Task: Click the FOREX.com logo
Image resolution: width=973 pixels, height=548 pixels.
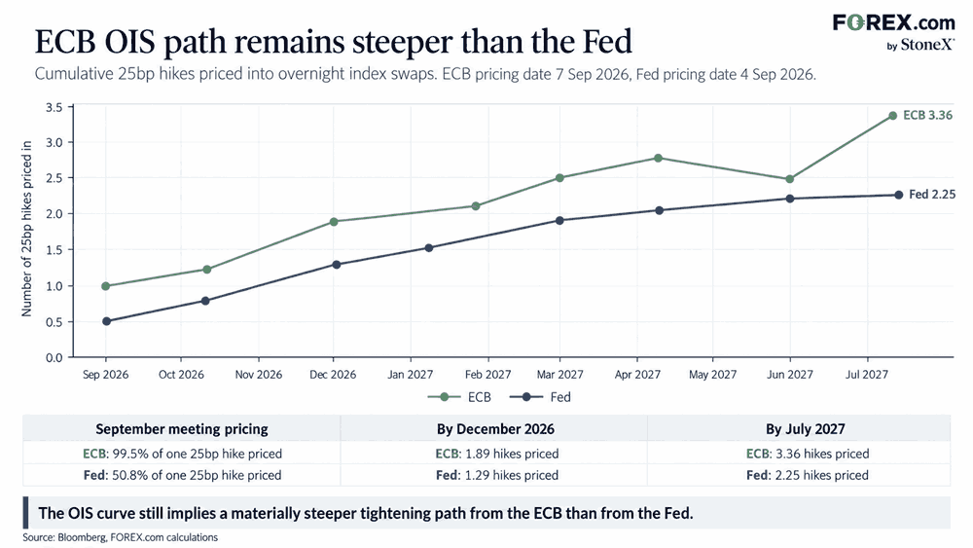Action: pyautogui.click(x=893, y=32)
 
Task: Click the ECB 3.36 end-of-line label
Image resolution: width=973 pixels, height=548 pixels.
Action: pyautogui.click(x=927, y=116)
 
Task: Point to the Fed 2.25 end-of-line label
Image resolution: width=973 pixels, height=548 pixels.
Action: pyautogui.click(x=932, y=195)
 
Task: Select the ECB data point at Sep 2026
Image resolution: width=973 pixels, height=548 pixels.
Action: pyautogui.click(x=105, y=286)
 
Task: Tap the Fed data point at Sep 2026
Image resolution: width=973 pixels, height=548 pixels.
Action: pyautogui.click(x=106, y=321)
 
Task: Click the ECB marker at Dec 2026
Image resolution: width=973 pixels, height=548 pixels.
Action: pyautogui.click(x=333, y=222)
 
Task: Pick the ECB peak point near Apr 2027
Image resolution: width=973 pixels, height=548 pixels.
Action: pyautogui.click(x=659, y=159)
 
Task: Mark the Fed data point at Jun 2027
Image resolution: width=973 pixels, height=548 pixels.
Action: pyautogui.click(x=790, y=199)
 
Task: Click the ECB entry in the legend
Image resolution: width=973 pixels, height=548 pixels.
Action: pyautogui.click(x=459, y=397)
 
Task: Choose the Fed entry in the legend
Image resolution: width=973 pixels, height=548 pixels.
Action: pyautogui.click(x=540, y=397)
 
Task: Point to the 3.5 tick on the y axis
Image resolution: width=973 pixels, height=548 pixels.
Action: pyautogui.click(x=54, y=107)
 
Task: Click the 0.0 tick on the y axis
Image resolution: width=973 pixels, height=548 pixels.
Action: pyautogui.click(x=54, y=357)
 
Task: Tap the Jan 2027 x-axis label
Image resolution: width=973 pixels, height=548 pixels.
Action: pyautogui.click(x=411, y=374)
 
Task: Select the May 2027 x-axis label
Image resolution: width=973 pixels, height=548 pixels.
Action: pyautogui.click(x=712, y=374)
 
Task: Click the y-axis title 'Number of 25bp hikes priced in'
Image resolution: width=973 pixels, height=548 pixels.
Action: pyautogui.click(x=26, y=229)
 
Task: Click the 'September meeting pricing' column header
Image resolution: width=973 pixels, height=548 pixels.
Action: pyautogui.click(x=182, y=429)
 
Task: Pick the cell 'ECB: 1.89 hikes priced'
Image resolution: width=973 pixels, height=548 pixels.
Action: pyautogui.click(x=497, y=454)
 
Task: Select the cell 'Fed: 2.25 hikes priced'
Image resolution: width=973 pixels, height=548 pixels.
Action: pyautogui.click(x=808, y=475)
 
